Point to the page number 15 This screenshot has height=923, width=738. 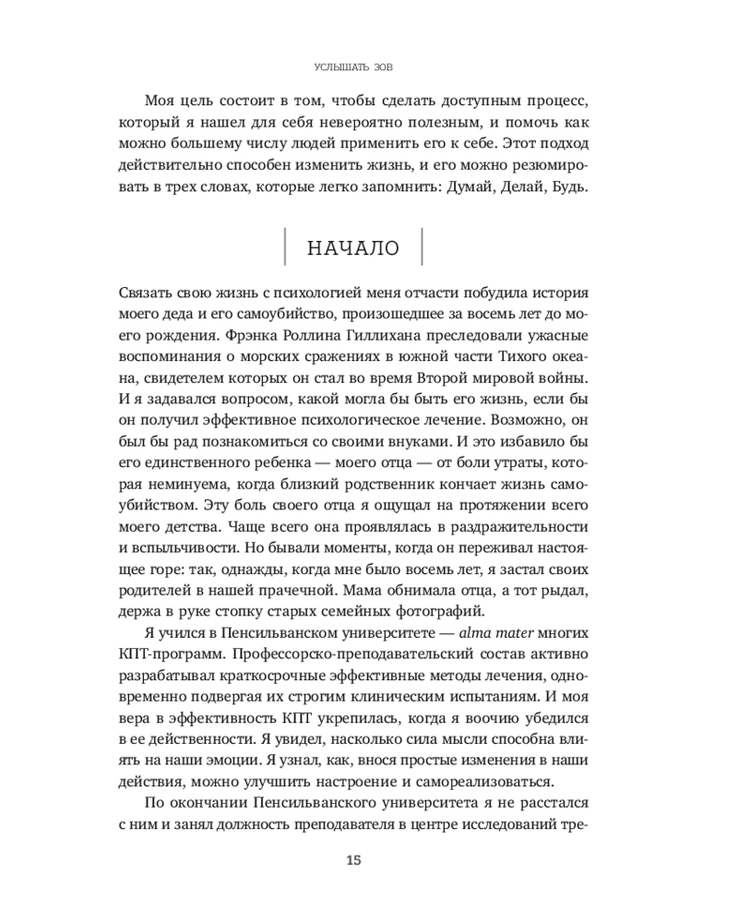353,860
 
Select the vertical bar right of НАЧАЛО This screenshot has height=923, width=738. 422,249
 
